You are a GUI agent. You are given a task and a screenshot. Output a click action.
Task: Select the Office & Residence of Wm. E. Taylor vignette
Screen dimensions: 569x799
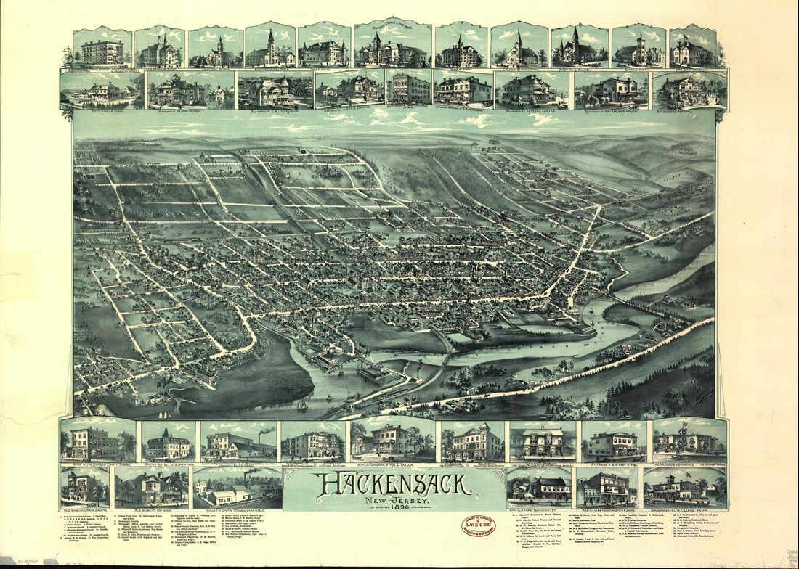[x=392, y=440]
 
